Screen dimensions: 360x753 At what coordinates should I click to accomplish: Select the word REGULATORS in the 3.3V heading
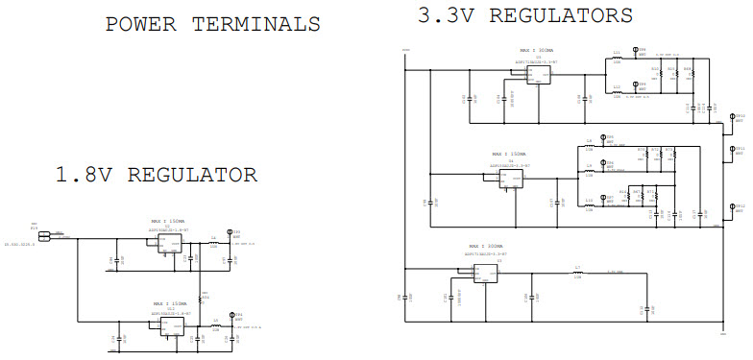point(568,15)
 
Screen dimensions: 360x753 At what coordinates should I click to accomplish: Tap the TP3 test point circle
point(229,233)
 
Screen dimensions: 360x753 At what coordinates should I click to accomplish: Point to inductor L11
point(617,57)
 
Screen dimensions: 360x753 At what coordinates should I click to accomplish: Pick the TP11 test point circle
point(729,151)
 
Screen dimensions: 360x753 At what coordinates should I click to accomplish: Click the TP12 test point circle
point(729,207)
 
